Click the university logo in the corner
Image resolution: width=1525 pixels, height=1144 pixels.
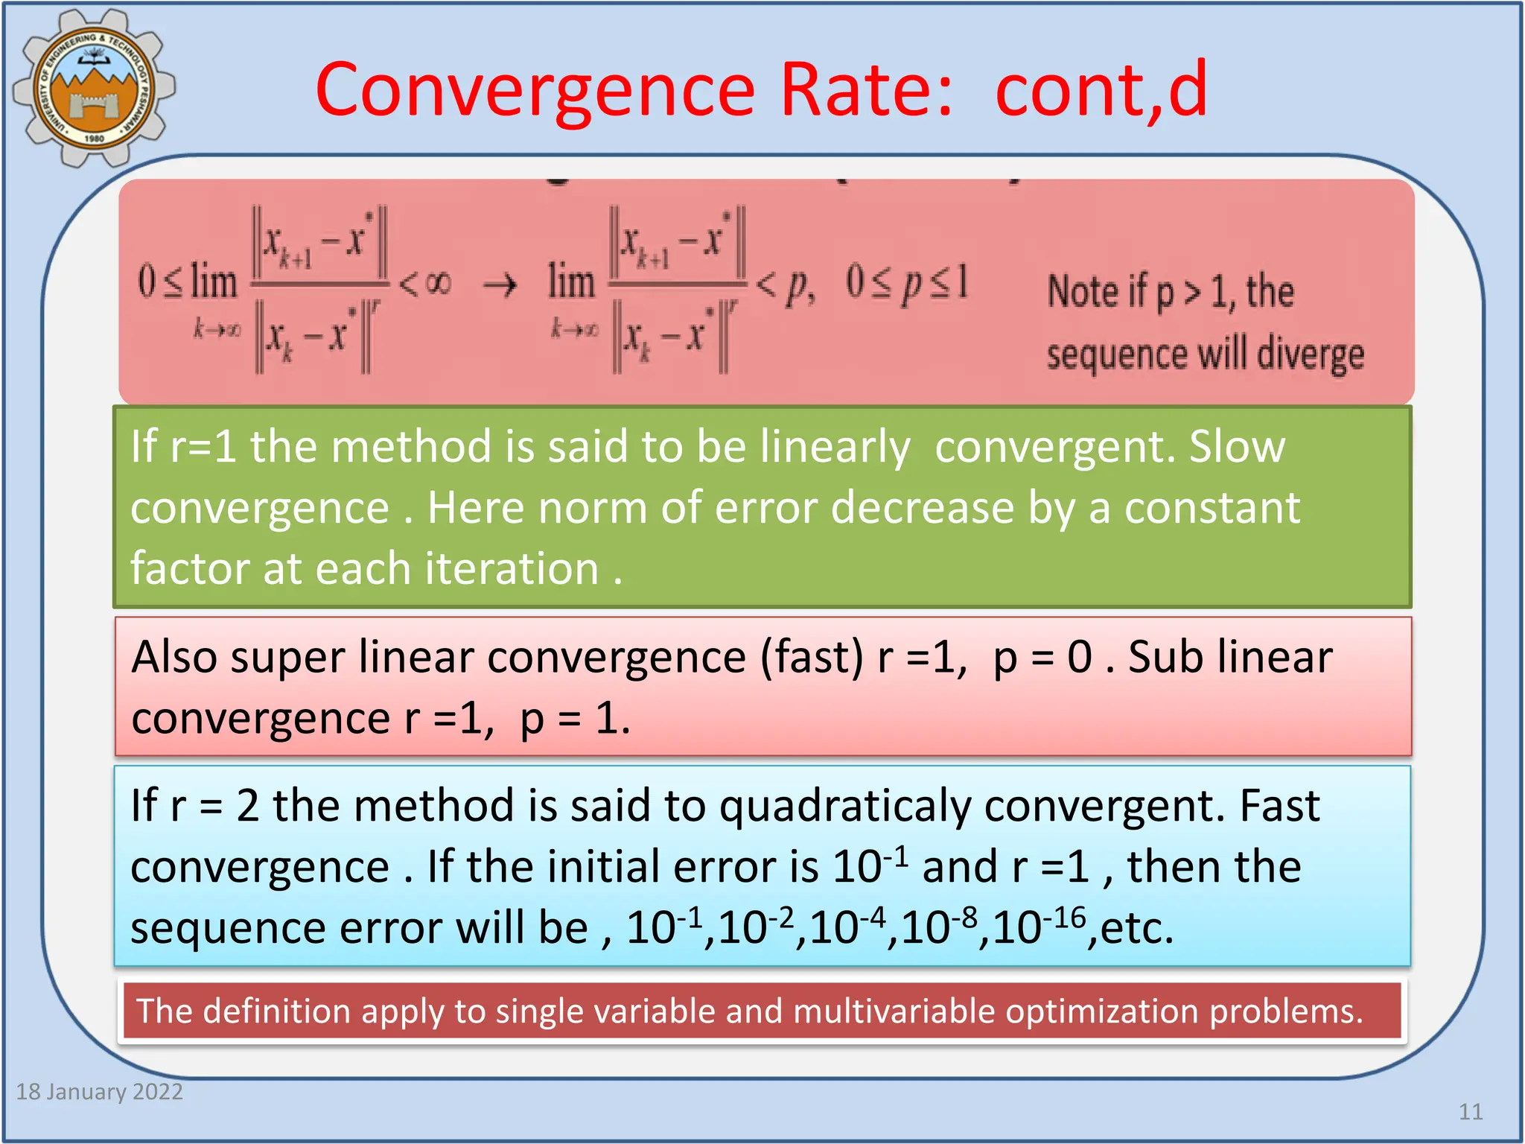(93, 88)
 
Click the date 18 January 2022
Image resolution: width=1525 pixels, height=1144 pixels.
(100, 1091)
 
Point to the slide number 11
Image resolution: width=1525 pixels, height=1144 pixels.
(1470, 1111)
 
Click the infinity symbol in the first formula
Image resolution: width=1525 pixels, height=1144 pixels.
(438, 283)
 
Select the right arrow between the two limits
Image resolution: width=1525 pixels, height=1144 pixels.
(500, 285)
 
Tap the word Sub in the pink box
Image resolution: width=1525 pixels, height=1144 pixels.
(1161, 658)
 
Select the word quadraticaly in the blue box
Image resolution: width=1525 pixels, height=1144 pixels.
(844, 807)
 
